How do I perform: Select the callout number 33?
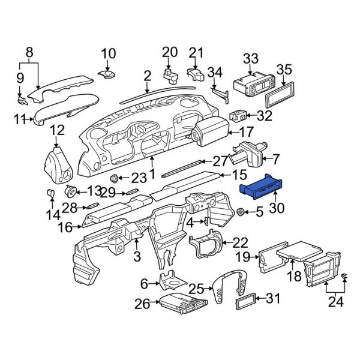(250, 59)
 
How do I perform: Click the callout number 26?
(142, 305)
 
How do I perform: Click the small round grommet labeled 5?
(241, 212)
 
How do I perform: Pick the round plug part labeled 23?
(113, 178)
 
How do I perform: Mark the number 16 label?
(65, 227)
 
